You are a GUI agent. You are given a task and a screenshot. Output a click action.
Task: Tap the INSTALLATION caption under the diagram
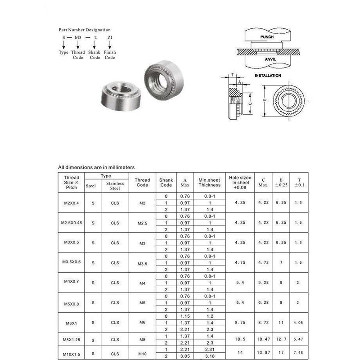pyautogui.click(x=268, y=76)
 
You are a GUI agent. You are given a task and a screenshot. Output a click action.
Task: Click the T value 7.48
pyautogui.click(x=297, y=352)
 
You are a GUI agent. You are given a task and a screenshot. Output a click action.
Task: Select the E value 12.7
pyautogui.click(x=281, y=338)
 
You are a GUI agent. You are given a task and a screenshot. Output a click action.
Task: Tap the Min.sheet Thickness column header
pyautogui.click(x=209, y=182)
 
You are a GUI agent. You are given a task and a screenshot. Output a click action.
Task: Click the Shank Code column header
pyautogui.click(x=166, y=182)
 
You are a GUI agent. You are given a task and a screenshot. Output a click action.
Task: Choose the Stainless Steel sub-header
pyautogui.click(x=115, y=185)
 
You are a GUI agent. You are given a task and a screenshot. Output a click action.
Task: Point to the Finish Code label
pyautogui.click(x=110, y=55)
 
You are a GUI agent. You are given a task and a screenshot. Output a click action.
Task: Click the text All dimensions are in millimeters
pyautogui.click(x=97, y=167)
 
